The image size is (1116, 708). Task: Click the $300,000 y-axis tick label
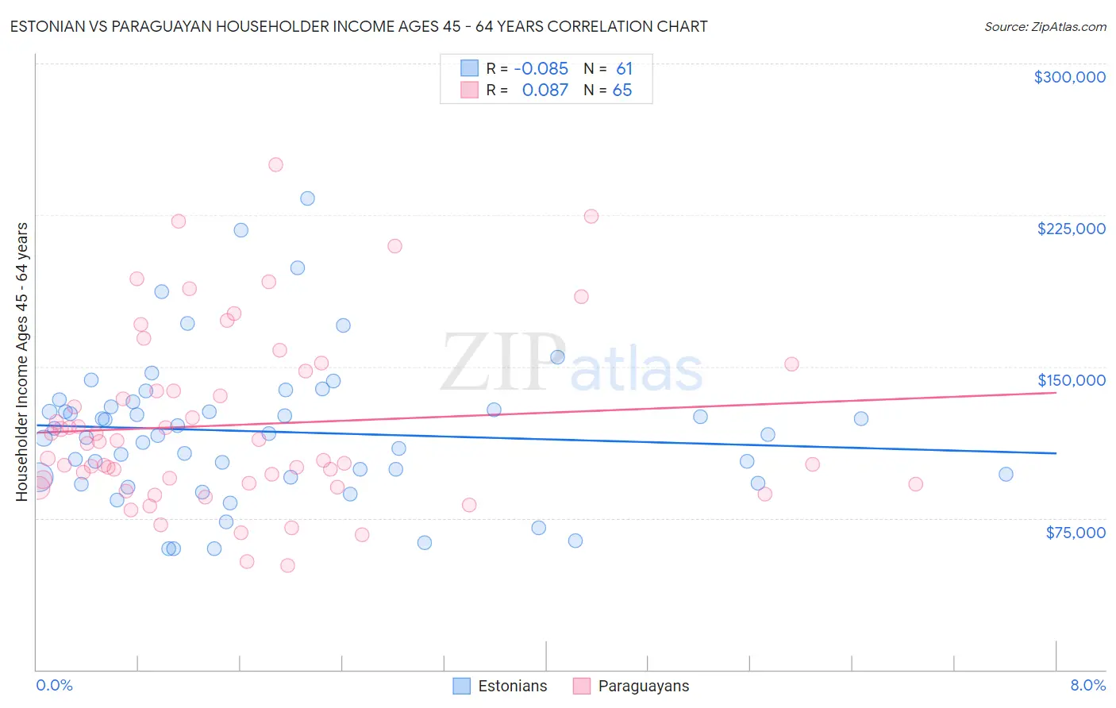coord(1069,77)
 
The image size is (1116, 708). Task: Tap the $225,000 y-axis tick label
coord(1071,229)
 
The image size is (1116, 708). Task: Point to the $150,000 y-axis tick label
coord(1071,380)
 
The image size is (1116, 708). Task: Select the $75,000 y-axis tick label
coord(1075,533)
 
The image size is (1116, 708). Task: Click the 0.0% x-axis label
coord(54,686)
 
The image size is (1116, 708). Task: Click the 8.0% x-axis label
coord(1087,686)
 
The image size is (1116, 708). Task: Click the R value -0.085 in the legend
coord(541,69)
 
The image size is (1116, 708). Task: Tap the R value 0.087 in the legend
coord(545,90)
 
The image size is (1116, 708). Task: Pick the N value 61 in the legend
coord(624,69)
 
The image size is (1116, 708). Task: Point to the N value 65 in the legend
coord(622,90)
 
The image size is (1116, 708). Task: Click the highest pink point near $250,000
coord(275,165)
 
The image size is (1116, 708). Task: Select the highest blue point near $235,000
coord(307,198)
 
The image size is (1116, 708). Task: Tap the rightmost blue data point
coord(1006,475)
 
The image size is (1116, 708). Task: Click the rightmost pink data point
coord(915,484)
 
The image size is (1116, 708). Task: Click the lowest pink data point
coord(287,566)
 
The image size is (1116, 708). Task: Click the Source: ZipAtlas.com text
coord(1045,27)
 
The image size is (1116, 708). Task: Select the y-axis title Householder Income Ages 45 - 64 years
coord(22,361)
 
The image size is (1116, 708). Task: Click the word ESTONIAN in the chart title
coord(49,27)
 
